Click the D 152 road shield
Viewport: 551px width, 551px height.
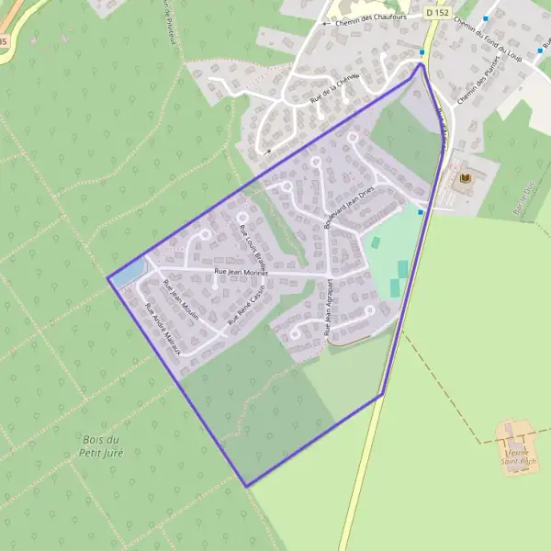[x=437, y=13]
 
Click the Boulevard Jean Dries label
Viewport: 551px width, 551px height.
[x=350, y=210]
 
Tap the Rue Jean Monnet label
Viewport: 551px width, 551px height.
[x=241, y=273]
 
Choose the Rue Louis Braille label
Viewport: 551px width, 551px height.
[x=252, y=242]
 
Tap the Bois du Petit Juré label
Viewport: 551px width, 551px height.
[x=101, y=445]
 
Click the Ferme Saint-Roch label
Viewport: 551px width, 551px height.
[x=519, y=456]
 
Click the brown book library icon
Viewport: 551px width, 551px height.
[x=464, y=176]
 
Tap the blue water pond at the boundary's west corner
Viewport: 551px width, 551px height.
[x=129, y=271]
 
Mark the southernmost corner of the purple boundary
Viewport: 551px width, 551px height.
[x=246, y=485]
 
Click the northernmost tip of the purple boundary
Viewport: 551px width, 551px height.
[x=421, y=63]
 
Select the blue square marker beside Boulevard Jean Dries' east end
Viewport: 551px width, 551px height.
[x=421, y=212]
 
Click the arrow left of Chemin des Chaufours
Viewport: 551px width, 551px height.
[x=325, y=22]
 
